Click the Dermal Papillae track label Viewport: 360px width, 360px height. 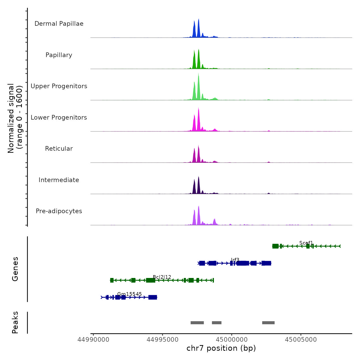point(59,24)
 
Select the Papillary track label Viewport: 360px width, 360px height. point(59,55)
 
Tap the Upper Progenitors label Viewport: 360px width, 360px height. point(59,86)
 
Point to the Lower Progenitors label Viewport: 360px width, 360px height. point(59,118)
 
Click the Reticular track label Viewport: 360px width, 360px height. point(59,149)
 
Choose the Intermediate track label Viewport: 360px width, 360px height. point(59,180)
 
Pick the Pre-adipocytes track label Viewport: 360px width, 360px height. point(59,211)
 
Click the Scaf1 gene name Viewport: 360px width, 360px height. point(306,243)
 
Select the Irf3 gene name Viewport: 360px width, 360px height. point(235,260)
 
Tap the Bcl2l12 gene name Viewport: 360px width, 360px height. point(162,277)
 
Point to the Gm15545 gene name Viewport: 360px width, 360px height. point(129,294)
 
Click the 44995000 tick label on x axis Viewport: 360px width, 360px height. point(163,340)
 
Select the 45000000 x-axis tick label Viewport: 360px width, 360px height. point(232,340)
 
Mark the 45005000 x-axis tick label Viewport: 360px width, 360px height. point(301,340)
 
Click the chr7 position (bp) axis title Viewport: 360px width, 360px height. point(221,348)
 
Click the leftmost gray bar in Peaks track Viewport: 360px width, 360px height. point(197,323)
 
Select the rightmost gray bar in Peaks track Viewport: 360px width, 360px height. point(268,323)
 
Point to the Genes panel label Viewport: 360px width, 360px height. point(15,269)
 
